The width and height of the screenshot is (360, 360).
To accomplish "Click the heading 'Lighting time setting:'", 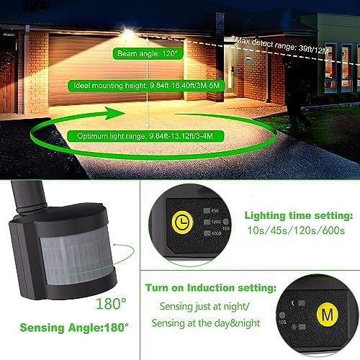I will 298,215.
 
